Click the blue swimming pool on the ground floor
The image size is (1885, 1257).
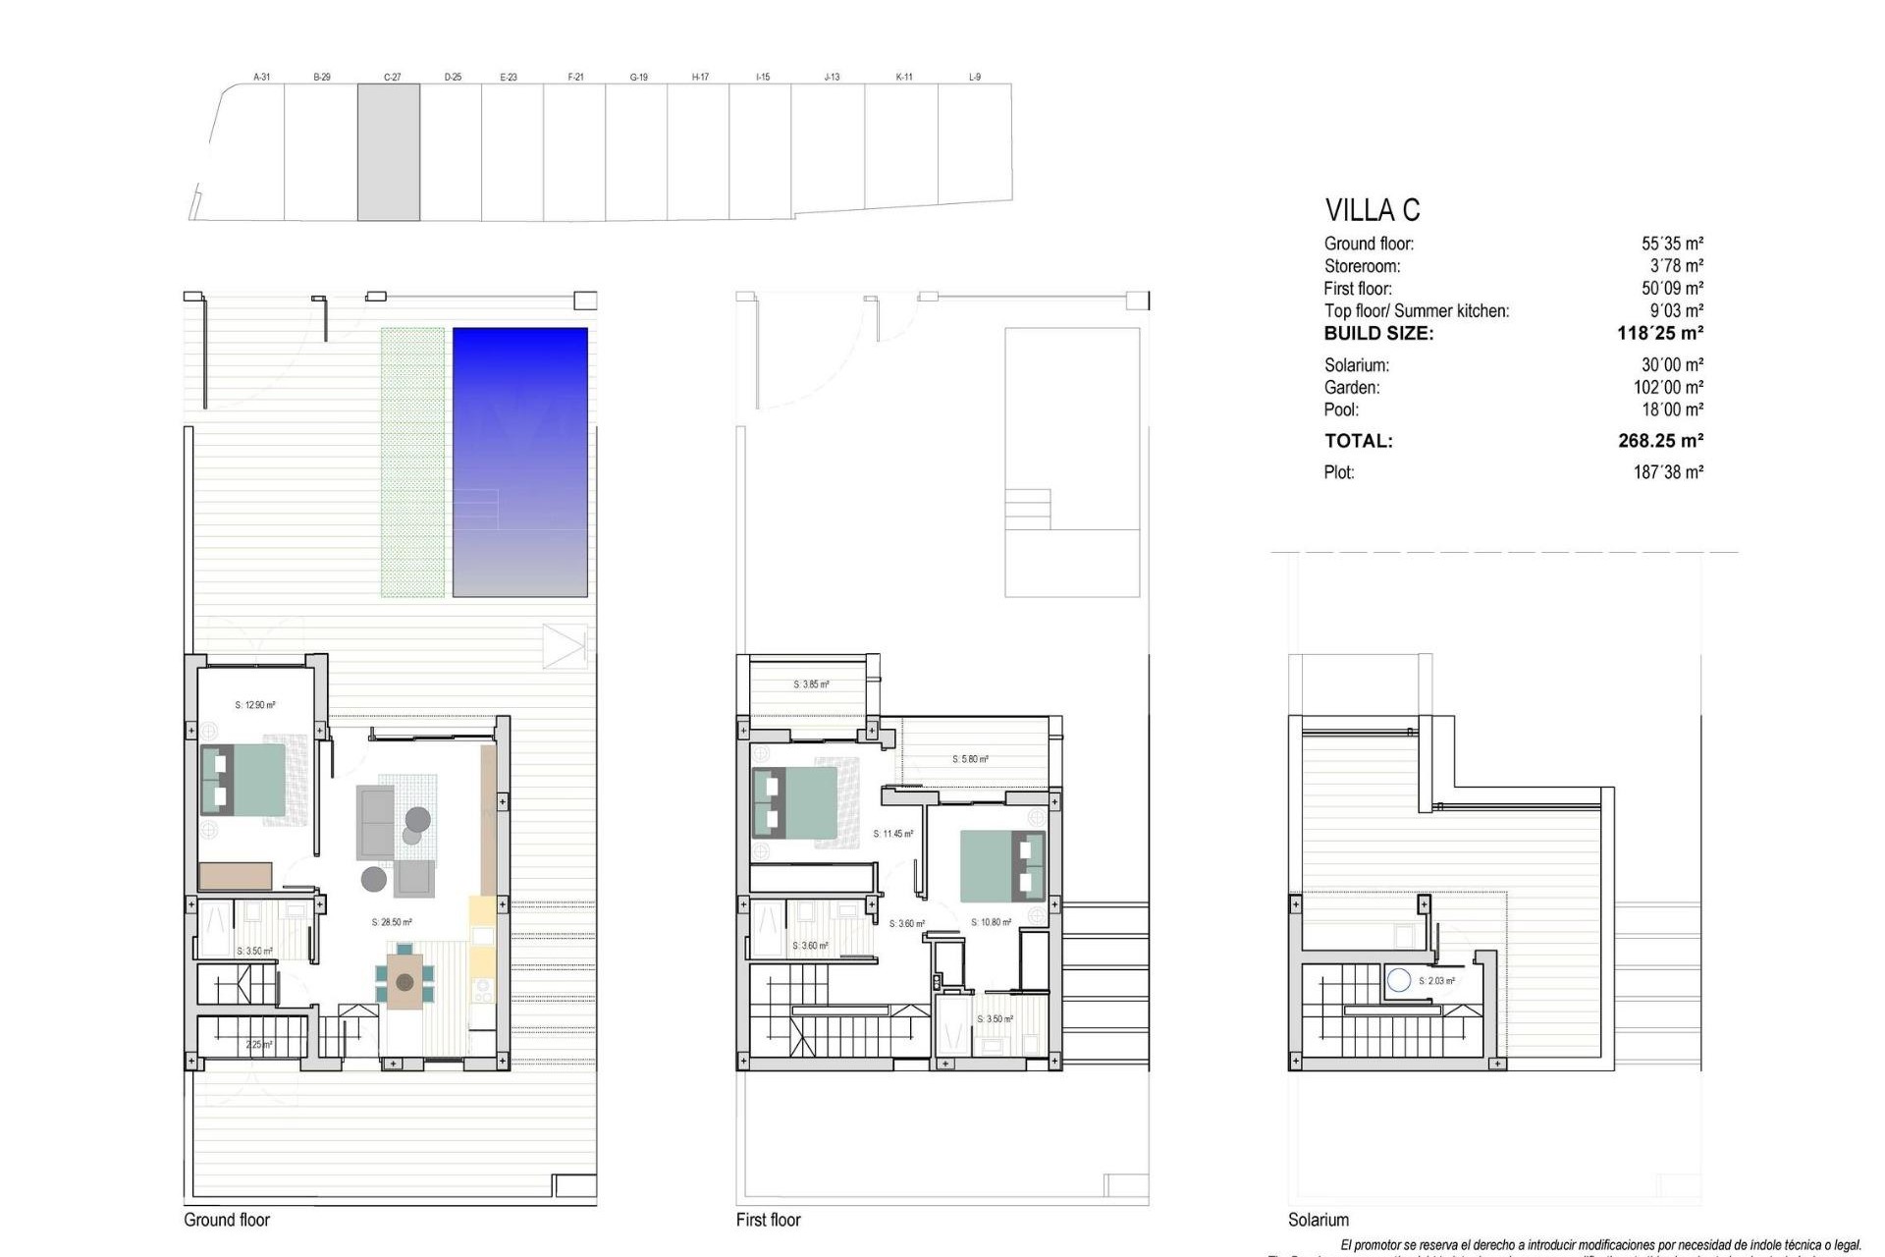click(519, 462)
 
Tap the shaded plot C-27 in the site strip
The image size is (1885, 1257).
click(389, 151)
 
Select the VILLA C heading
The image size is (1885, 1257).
click(1372, 210)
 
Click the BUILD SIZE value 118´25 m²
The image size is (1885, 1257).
click(1659, 333)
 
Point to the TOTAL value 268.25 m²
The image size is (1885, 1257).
click(1660, 441)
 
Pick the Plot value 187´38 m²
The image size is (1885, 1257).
click(1668, 472)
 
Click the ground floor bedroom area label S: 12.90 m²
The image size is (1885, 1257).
click(255, 705)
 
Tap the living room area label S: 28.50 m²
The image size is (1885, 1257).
click(392, 922)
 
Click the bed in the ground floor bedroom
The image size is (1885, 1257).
click(243, 780)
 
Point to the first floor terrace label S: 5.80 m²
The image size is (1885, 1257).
click(970, 759)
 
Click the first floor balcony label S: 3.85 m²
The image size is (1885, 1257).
click(811, 684)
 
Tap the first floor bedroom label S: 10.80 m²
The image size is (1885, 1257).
click(991, 922)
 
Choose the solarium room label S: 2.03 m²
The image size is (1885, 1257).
click(1436, 981)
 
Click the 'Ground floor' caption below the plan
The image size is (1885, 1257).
click(227, 1220)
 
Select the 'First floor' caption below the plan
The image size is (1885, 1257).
click(769, 1220)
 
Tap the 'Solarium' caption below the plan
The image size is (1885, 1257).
click(1319, 1220)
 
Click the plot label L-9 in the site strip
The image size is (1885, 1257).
click(975, 77)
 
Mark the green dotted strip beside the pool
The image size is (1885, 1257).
click(412, 462)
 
